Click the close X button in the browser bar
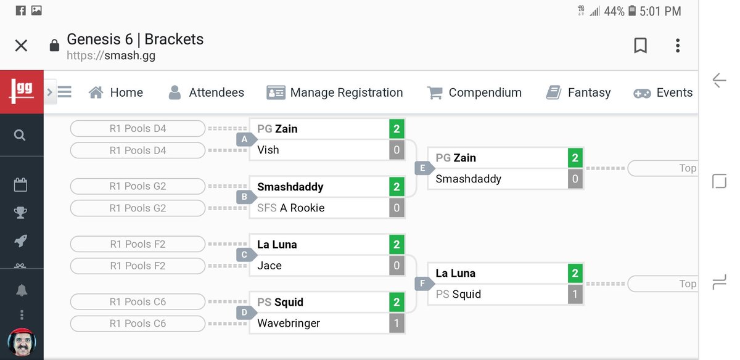(x=21, y=46)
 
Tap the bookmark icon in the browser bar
(x=641, y=46)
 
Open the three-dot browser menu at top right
(x=678, y=46)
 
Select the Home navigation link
(x=116, y=92)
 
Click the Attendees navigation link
(x=207, y=92)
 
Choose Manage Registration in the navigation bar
(x=335, y=92)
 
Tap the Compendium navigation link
(x=474, y=92)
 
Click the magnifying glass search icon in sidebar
(x=20, y=135)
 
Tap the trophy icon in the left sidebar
(x=20, y=213)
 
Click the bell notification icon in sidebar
(x=22, y=290)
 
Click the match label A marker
(x=245, y=139)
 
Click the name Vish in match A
(x=268, y=150)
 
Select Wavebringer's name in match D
(x=289, y=323)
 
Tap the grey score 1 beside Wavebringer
(x=397, y=323)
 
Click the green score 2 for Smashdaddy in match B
(x=397, y=187)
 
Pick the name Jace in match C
(x=269, y=266)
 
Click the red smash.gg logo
(x=22, y=92)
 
